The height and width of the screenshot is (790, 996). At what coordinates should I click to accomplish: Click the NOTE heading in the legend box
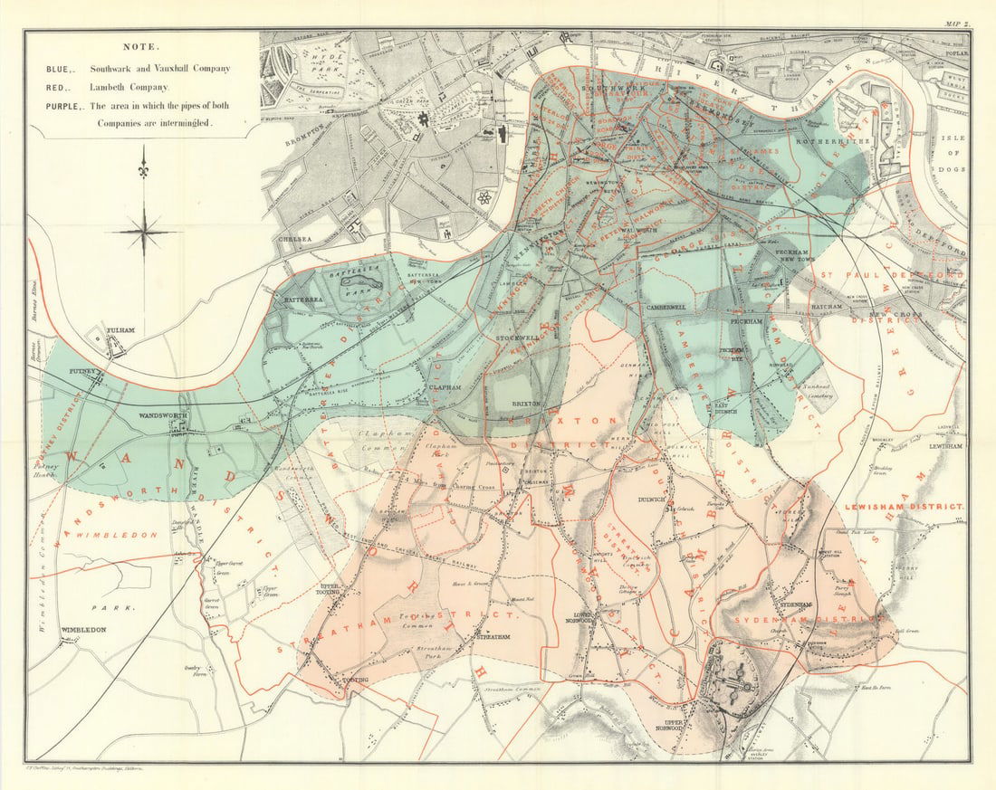click(143, 46)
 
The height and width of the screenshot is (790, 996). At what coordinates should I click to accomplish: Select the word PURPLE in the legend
click(65, 106)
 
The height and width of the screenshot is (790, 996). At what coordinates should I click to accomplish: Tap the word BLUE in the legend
click(59, 68)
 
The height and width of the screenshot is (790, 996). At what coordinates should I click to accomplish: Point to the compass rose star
click(143, 231)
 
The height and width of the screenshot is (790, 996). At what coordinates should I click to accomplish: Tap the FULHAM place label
click(120, 330)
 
